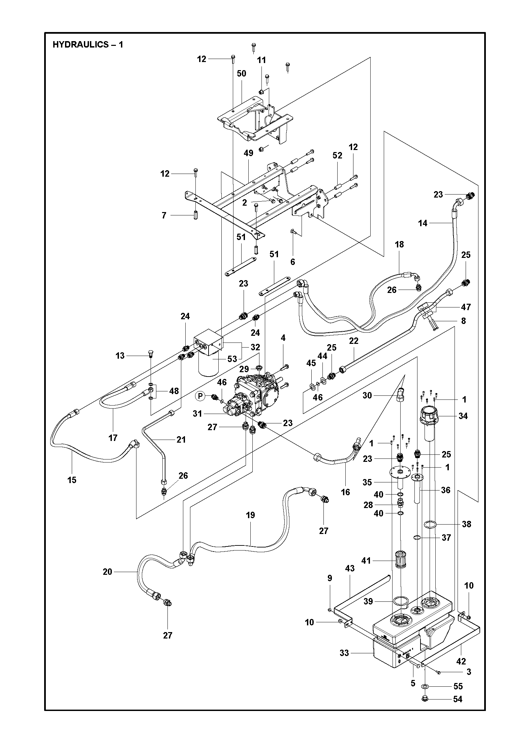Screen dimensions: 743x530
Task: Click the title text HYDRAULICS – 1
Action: coord(88,45)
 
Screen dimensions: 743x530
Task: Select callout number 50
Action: coord(242,73)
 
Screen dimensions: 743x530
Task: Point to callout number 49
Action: coord(248,153)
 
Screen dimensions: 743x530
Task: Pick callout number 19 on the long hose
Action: coord(250,515)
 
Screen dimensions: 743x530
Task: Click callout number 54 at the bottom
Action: coord(458,700)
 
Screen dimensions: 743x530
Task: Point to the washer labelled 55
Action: coord(425,686)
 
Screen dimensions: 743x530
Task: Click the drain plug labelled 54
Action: coord(425,699)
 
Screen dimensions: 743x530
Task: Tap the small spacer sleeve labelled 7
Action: coord(195,215)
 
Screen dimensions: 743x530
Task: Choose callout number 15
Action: coord(72,480)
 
